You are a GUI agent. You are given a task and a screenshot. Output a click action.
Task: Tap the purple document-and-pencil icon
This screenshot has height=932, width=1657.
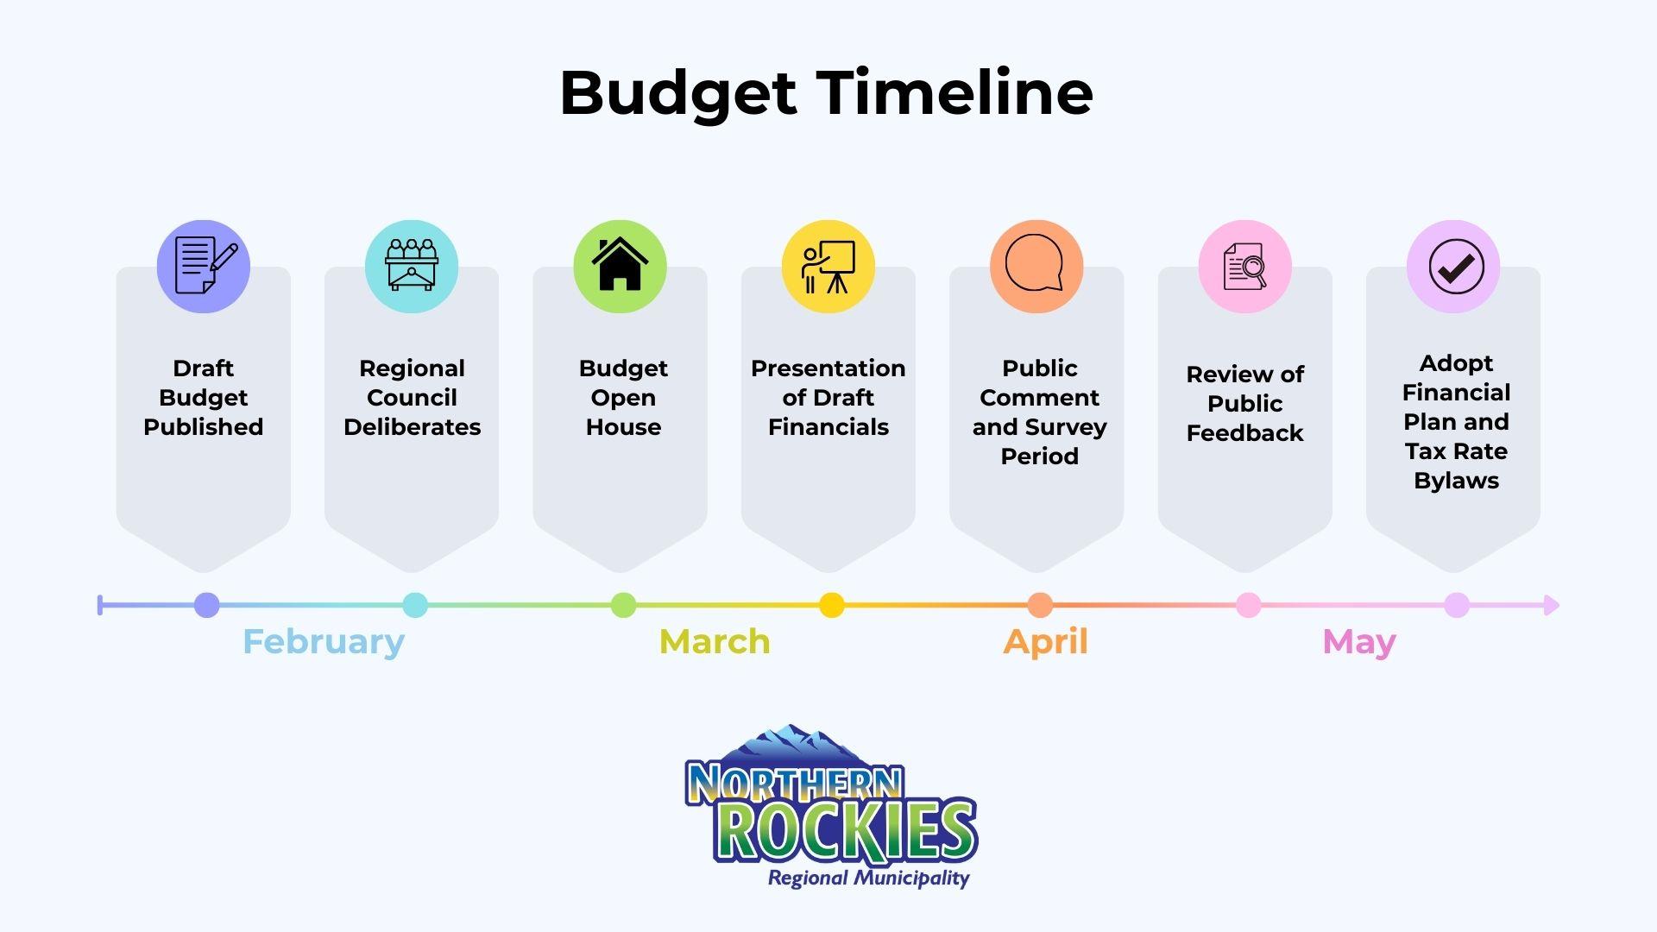click(x=204, y=266)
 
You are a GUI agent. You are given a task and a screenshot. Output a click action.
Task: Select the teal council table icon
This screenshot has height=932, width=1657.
click(x=412, y=266)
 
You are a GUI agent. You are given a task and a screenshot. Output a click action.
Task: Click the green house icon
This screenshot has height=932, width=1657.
click(x=620, y=266)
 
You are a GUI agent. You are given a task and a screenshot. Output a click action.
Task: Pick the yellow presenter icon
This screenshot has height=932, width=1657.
click(x=828, y=266)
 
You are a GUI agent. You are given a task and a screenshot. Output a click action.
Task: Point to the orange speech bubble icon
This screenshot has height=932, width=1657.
click(x=1036, y=266)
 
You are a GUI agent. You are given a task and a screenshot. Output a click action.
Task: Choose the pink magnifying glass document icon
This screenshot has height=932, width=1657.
click(x=1245, y=266)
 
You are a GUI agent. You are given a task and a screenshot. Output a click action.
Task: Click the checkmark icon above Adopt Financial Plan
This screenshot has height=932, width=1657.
click(x=1453, y=266)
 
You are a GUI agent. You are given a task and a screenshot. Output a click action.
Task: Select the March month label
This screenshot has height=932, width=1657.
click(x=715, y=642)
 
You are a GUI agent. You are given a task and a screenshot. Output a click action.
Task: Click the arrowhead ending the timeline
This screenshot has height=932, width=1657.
click(x=1552, y=605)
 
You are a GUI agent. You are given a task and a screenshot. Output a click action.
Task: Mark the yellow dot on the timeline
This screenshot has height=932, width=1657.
click(x=832, y=605)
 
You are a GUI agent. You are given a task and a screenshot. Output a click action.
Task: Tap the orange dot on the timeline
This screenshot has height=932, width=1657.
click(x=1040, y=605)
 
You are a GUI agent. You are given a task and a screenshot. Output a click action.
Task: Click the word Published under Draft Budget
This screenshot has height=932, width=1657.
click(x=204, y=427)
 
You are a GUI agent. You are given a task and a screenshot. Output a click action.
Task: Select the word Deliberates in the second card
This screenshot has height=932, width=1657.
click(x=412, y=427)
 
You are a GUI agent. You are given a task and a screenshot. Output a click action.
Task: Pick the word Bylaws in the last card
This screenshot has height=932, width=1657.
click(x=1456, y=482)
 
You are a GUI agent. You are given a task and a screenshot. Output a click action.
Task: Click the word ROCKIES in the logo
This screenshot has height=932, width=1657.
click(x=846, y=830)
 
